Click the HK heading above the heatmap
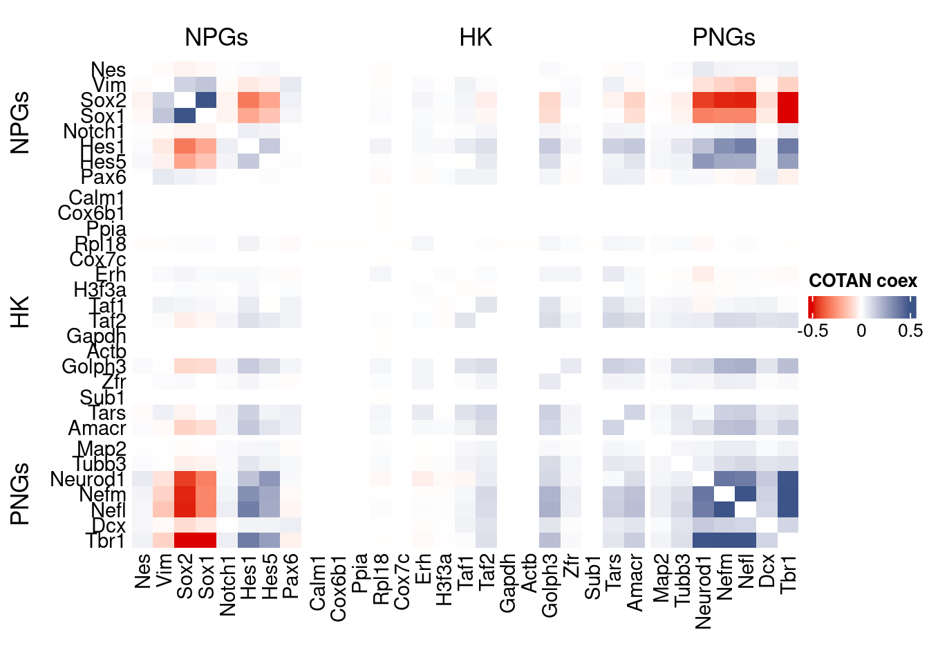point(476,37)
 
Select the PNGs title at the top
point(724,37)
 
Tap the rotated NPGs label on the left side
point(20,122)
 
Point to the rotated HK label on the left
point(20,311)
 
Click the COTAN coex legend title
point(863,281)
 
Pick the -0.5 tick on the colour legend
point(813,331)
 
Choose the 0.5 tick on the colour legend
point(910,331)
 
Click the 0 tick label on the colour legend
point(861,331)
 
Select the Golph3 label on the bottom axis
point(550,584)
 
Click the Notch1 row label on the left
point(94,131)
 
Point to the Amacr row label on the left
point(97,428)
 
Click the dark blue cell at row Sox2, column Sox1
point(206,100)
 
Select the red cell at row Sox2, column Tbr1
point(788,100)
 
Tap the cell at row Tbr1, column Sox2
point(185,540)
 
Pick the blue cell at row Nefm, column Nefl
point(745,495)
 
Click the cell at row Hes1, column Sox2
point(185,147)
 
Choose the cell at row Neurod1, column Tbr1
point(788,479)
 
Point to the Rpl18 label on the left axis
point(101,244)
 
